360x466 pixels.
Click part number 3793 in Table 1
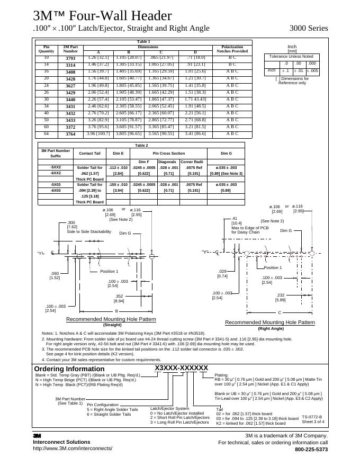70,58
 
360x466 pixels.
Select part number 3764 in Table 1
70,134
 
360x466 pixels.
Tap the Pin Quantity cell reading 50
46,120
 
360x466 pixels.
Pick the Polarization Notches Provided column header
232,49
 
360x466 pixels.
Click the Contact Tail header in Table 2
89,154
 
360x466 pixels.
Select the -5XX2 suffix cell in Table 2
56,167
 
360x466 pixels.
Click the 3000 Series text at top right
309,28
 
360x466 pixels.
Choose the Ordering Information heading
69,369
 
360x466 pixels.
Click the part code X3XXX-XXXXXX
182,368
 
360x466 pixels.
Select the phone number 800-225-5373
311,450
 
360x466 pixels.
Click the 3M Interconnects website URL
73,449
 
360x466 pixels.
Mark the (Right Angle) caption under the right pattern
270,328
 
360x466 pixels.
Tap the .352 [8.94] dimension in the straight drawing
119,298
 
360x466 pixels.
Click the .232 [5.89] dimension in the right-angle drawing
281,298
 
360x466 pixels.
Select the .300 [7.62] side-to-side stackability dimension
72,225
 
